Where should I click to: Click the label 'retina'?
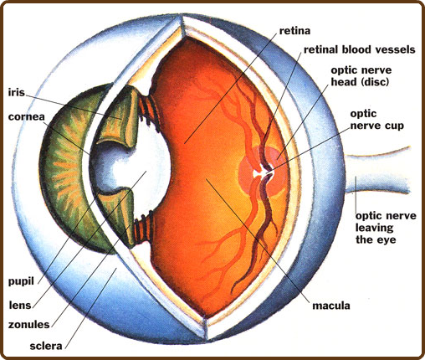pos(294,31)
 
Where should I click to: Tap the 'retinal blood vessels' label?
pos(360,49)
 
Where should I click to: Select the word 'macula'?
pos(331,306)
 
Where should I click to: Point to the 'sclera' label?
pos(46,346)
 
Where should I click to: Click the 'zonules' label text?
pos(28,325)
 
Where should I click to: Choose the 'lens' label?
pos(20,305)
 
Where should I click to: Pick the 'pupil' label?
pos(21,281)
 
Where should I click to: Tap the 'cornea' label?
pos(27,116)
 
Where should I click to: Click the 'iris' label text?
pos(17,92)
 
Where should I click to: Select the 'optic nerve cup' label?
pos(376,120)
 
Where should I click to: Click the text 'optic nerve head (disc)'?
pos(361,76)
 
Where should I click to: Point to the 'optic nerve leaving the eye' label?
pos(386,228)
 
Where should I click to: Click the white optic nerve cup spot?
pos(262,172)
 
